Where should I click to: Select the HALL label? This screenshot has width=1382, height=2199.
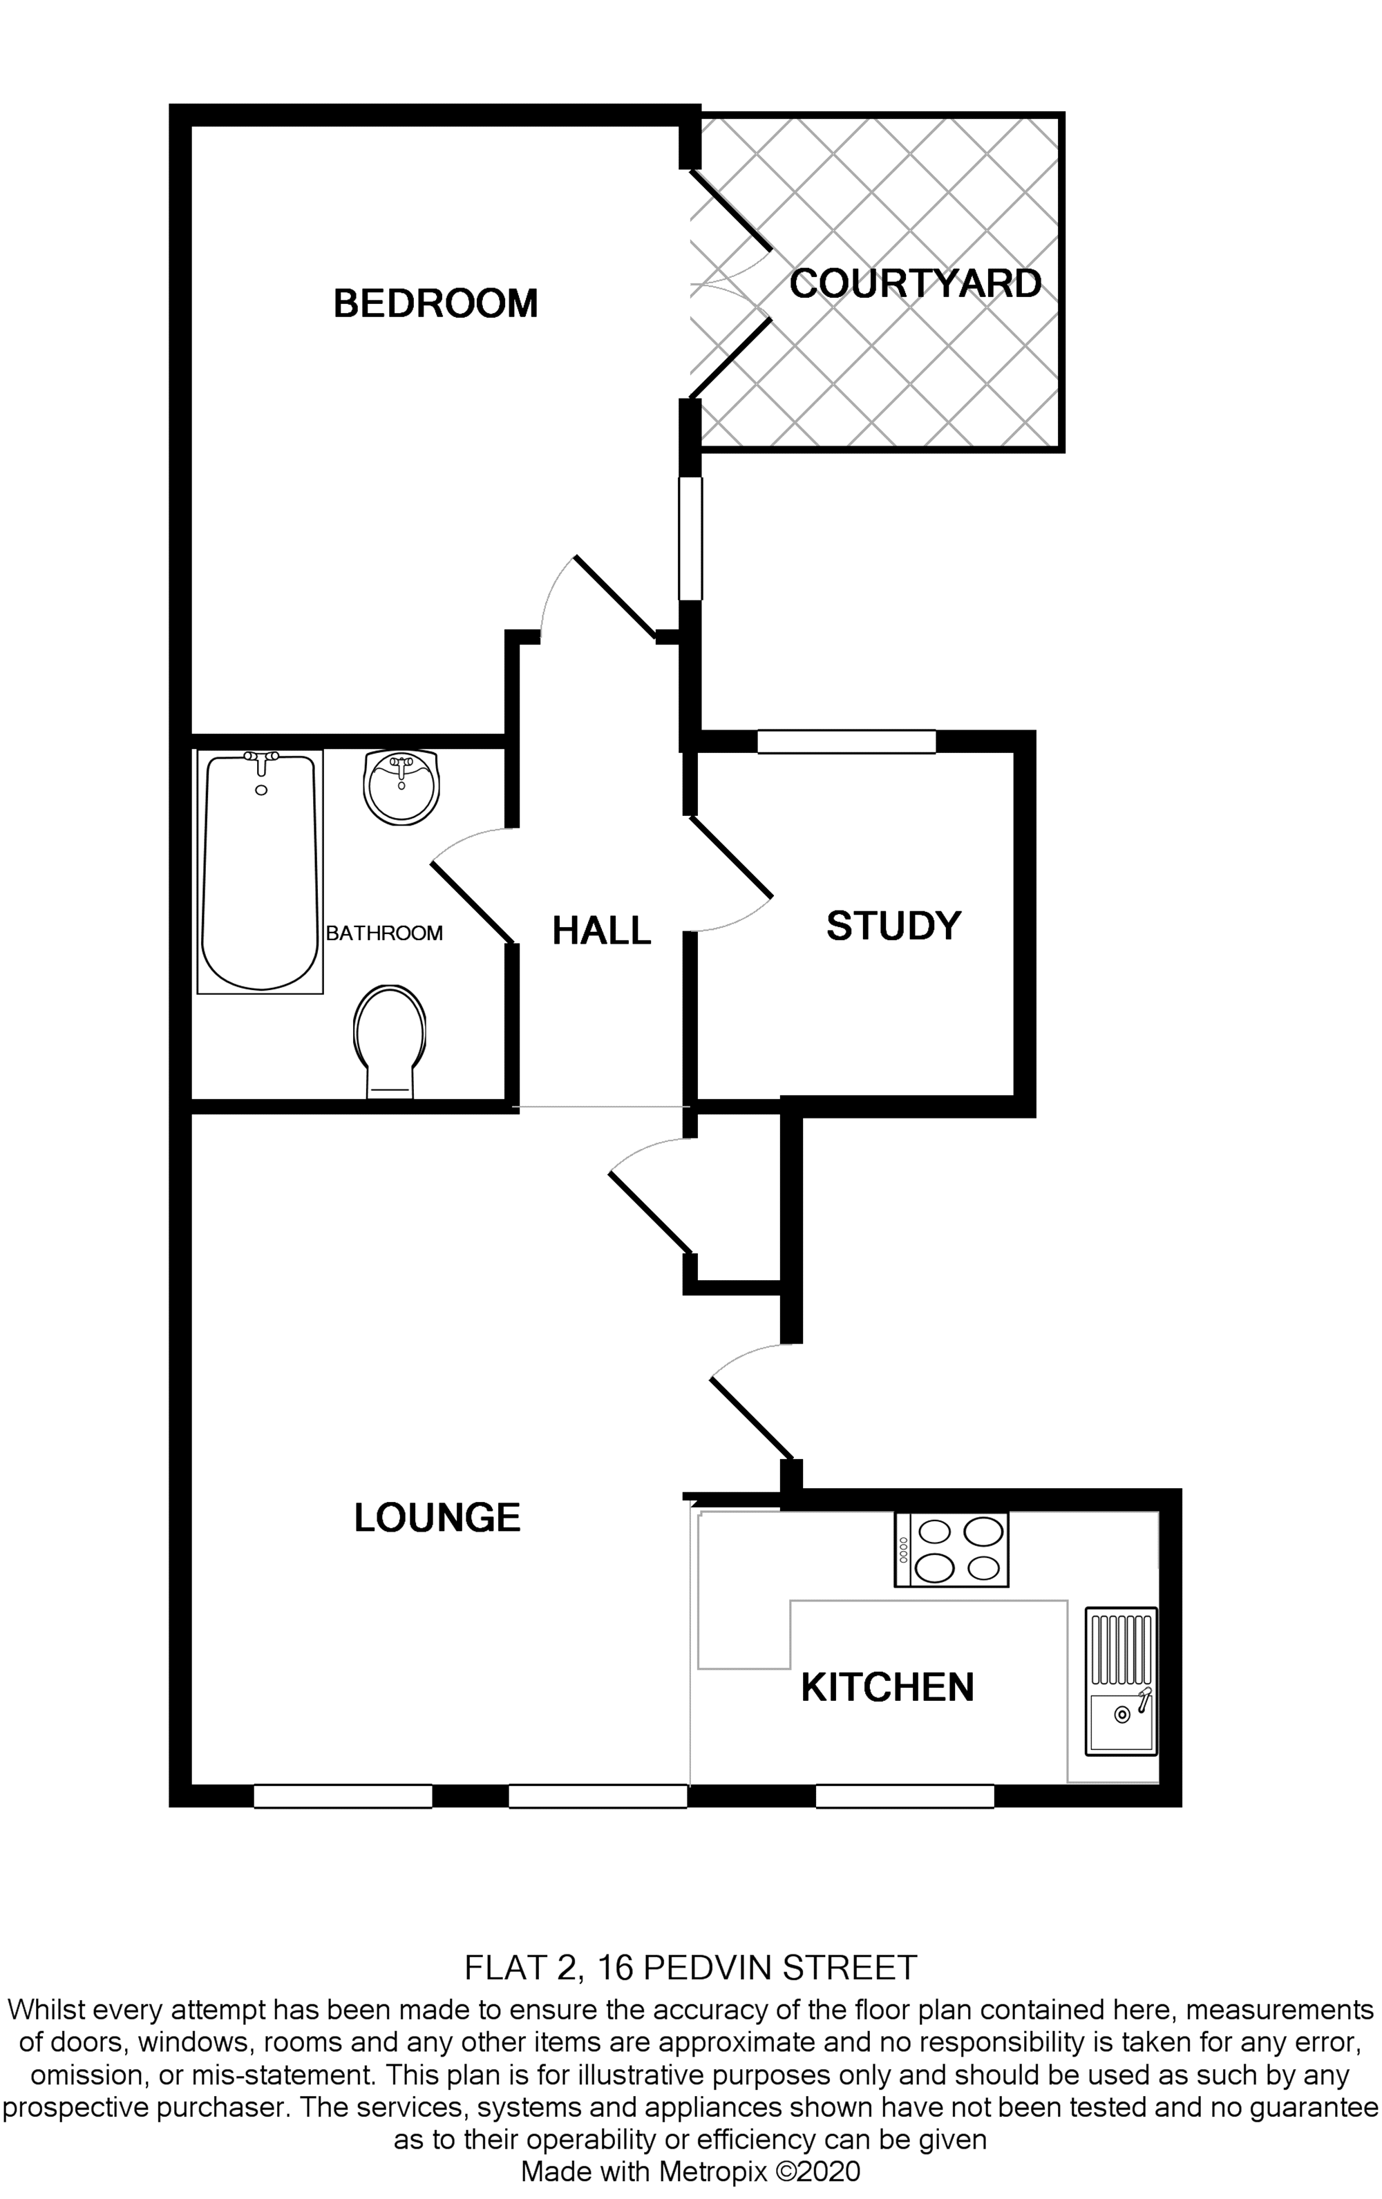pyautogui.click(x=601, y=931)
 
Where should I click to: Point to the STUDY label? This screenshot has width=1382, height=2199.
pyautogui.click(x=893, y=926)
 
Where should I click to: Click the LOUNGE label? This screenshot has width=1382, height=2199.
pyautogui.click(x=437, y=1517)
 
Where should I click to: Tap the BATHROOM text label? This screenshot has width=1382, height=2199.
pyautogui.click(x=384, y=933)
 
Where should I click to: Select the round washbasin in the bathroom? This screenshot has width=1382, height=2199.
pyautogui.click(x=401, y=786)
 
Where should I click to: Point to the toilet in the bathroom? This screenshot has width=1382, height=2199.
pyautogui.click(x=390, y=1041)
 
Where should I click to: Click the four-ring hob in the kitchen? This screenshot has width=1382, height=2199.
pyautogui.click(x=951, y=1549)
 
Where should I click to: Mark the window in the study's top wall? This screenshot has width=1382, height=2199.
pyautogui.click(x=846, y=741)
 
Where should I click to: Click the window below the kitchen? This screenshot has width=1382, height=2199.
pyautogui.click(x=905, y=1796)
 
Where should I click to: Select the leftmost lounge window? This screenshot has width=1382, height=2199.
pyautogui.click(x=343, y=1796)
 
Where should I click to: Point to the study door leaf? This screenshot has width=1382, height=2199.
pyautogui.click(x=732, y=856)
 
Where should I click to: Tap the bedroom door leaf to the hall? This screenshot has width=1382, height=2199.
pyautogui.click(x=615, y=597)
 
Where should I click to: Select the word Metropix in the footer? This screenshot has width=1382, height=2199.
pyautogui.click(x=712, y=2171)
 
